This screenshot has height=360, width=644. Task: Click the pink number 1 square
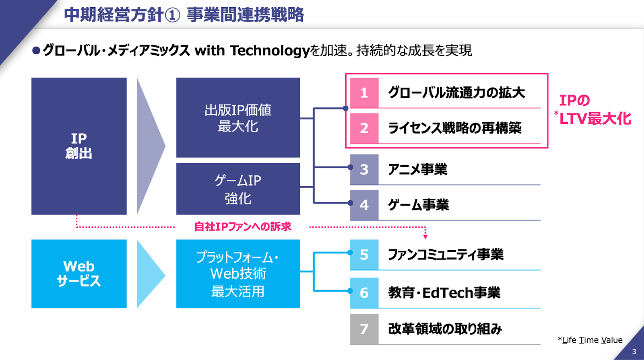(x=364, y=93)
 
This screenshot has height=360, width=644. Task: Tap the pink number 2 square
(x=364, y=128)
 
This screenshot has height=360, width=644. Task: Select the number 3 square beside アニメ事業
(x=364, y=169)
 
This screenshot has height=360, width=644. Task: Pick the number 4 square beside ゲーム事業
(x=364, y=205)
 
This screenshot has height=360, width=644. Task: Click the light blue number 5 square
(x=364, y=255)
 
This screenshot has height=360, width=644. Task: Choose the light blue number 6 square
(x=364, y=292)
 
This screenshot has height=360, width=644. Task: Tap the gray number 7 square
(x=364, y=329)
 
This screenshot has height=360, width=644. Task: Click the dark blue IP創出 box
(x=79, y=146)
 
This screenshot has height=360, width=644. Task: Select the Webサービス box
(x=79, y=274)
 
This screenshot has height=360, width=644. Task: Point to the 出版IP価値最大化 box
(x=238, y=117)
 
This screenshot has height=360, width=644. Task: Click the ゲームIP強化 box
(x=238, y=189)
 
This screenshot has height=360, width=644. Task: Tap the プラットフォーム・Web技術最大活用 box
(x=238, y=274)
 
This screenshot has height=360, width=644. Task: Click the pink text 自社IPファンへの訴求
(x=243, y=227)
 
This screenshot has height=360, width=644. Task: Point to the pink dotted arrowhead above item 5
(x=425, y=237)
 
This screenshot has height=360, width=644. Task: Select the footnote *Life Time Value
(x=590, y=340)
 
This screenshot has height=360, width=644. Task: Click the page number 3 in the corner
(x=634, y=352)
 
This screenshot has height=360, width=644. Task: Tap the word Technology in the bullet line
(x=270, y=51)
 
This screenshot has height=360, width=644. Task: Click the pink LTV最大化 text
(x=595, y=119)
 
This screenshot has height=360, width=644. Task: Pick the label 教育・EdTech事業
(x=444, y=293)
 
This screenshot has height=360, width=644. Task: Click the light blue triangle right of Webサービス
(x=150, y=275)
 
